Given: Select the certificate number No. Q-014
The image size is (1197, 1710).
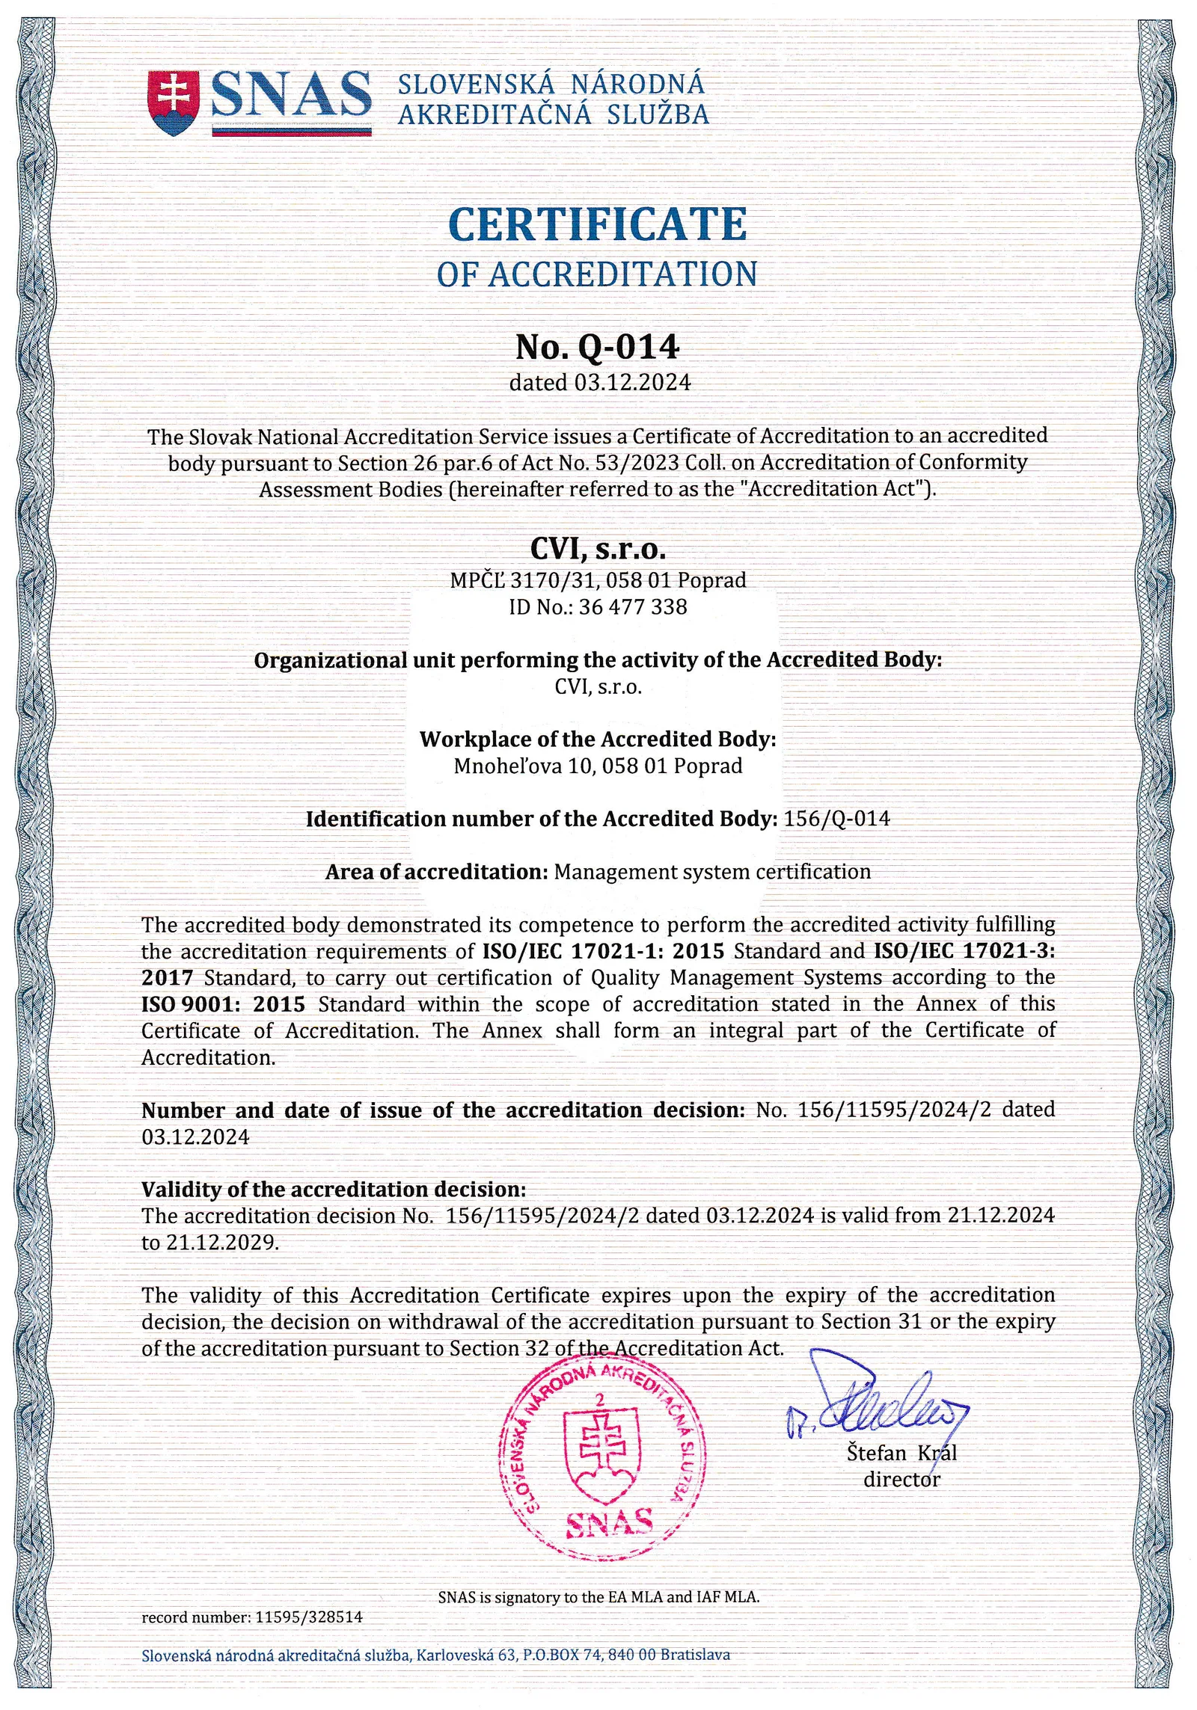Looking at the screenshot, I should click(597, 346).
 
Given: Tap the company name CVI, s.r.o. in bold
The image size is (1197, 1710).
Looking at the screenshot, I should click(597, 550).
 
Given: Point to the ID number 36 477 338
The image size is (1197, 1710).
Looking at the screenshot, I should click(633, 606).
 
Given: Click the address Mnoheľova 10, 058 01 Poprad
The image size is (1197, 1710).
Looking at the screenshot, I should click(598, 766).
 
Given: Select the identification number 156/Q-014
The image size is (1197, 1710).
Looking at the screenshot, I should click(836, 819).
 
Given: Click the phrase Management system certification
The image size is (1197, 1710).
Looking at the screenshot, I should click(712, 872).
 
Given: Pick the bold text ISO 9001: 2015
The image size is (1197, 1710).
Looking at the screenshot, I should click(223, 1004).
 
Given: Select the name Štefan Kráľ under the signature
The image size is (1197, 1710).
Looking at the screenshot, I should click(901, 1453).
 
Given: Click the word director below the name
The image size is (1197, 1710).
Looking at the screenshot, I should click(901, 1479).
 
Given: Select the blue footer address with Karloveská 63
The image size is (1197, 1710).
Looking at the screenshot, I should click(435, 1655).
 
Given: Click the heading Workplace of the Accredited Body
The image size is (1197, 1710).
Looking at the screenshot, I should click(597, 739).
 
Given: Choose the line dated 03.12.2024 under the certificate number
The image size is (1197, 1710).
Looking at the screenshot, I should click(599, 383).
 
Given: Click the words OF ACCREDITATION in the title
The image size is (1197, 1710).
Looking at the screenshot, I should click(596, 274).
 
